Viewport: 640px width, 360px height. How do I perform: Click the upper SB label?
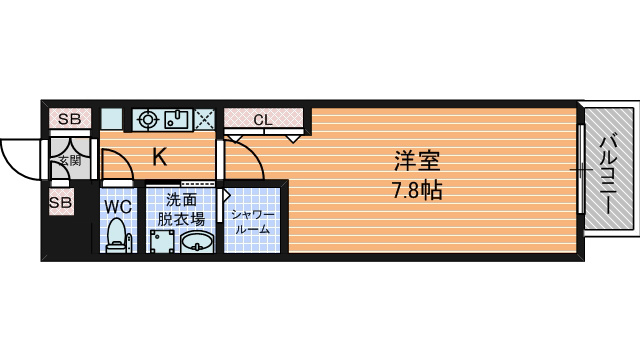tap(68, 120)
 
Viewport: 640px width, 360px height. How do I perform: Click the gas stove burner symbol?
tap(148, 120)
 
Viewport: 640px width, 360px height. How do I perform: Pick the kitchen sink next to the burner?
tap(177, 120)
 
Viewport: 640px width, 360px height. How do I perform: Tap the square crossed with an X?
tap(206, 120)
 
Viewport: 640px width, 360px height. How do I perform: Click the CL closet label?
tap(263, 120)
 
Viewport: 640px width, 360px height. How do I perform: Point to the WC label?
tap(119, 208)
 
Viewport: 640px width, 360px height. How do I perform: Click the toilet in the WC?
tap(118, 237)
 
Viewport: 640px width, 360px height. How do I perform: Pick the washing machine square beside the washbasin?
tap(162, 241)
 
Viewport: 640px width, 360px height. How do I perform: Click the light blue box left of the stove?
tap(111, 119)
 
